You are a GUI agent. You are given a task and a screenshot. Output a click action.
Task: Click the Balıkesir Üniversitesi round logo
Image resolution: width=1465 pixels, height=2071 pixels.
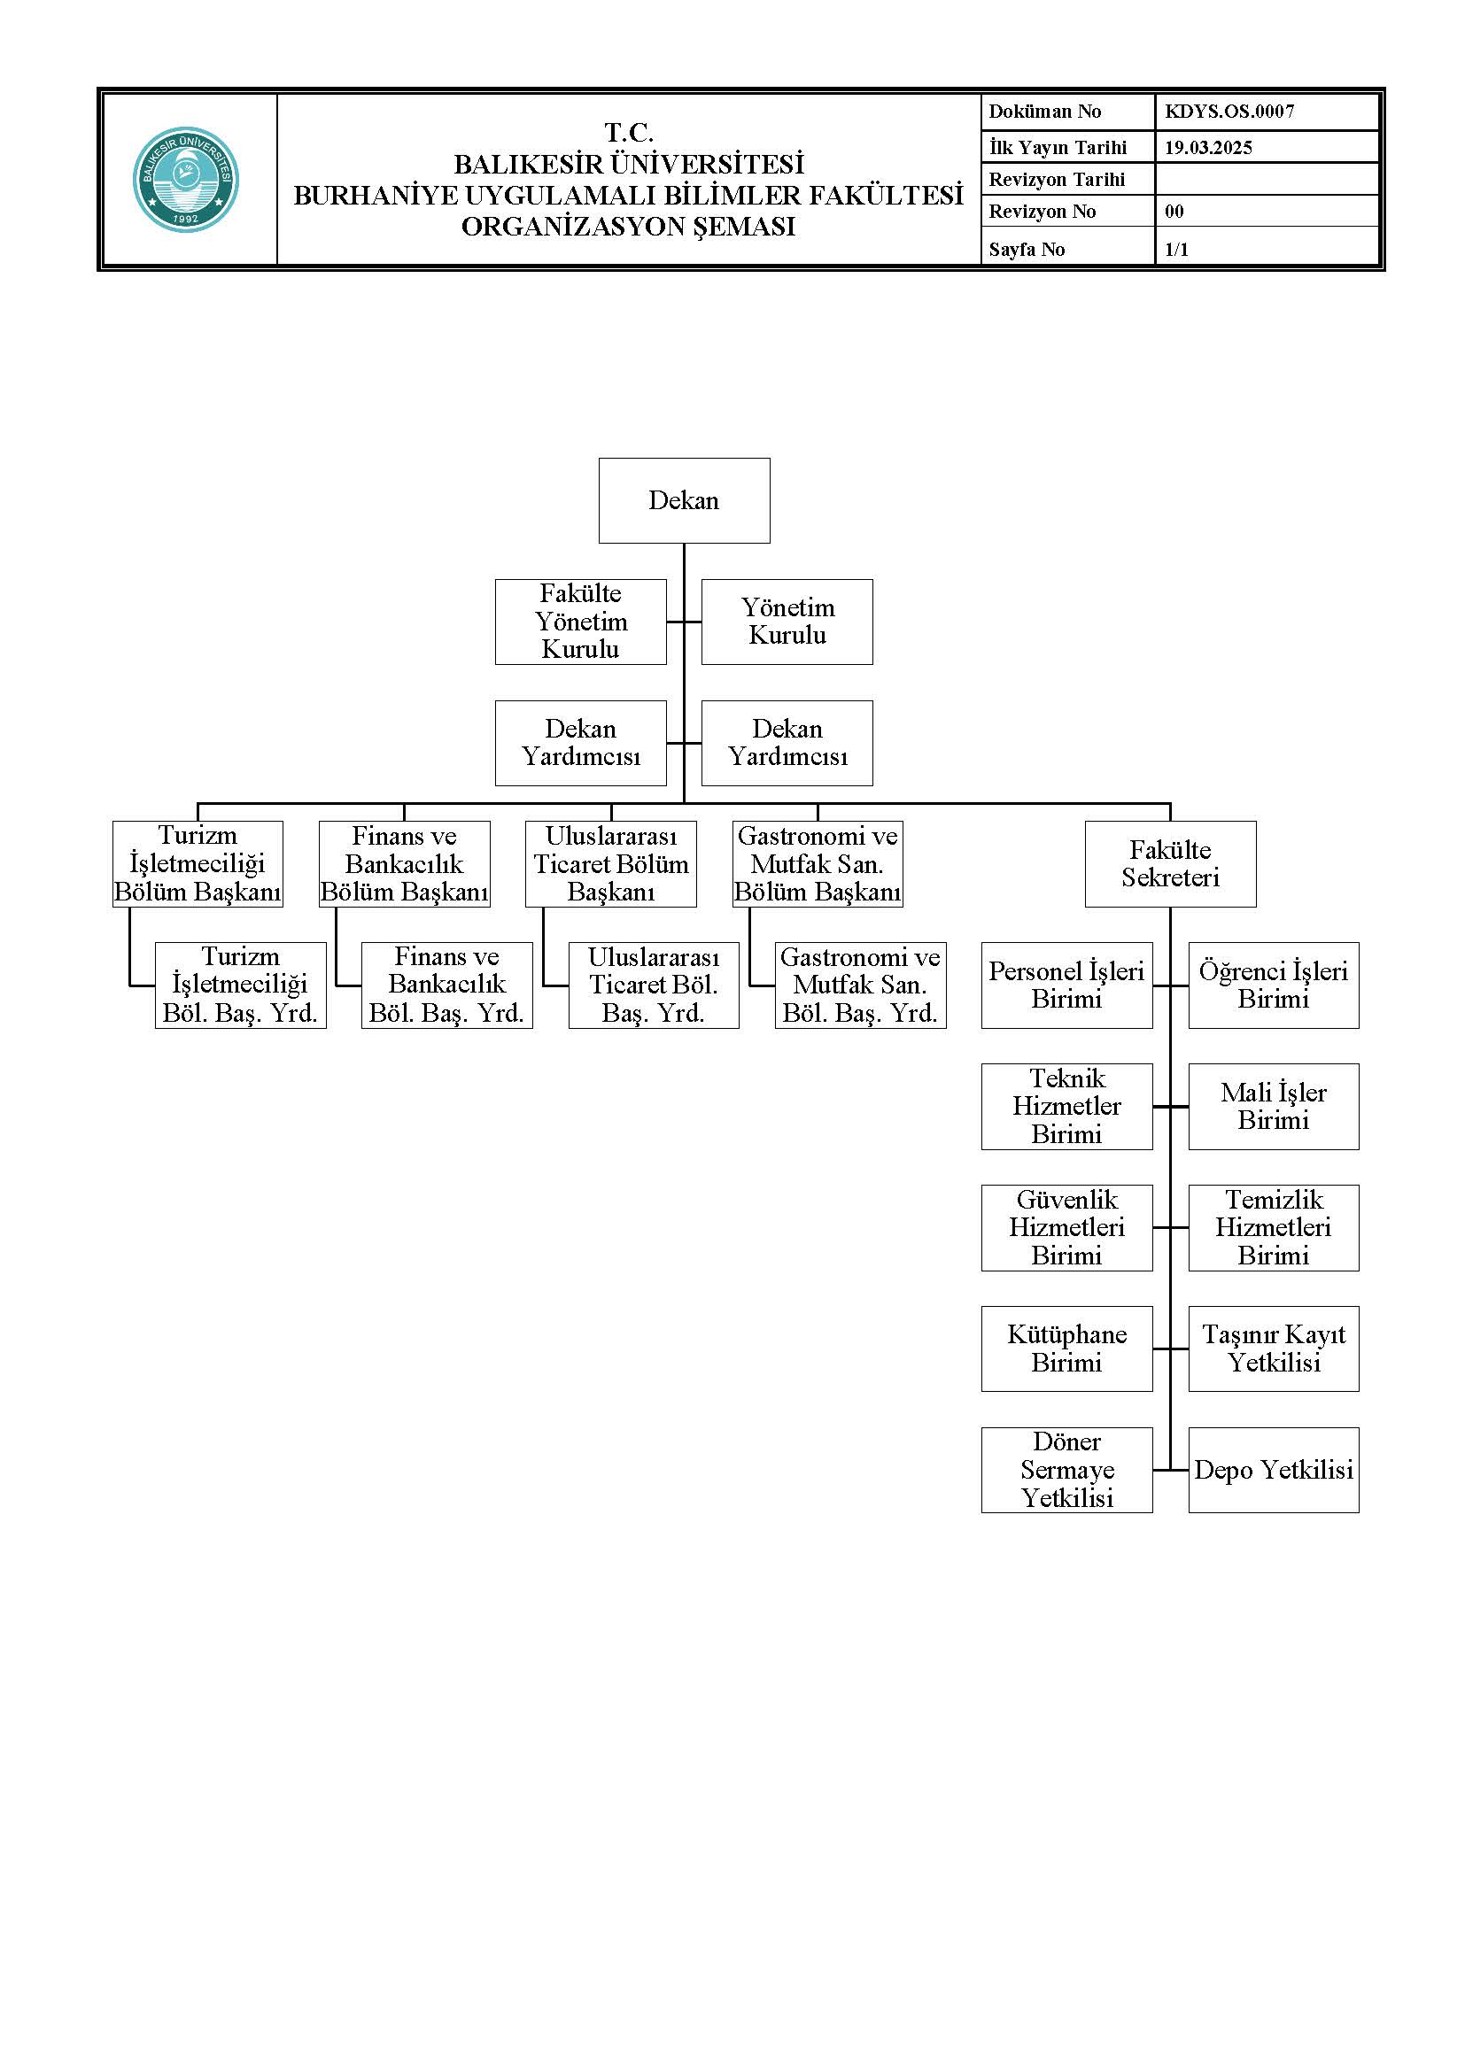point(186,180)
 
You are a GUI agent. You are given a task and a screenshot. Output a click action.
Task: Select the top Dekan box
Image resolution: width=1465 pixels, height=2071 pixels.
point(684,500)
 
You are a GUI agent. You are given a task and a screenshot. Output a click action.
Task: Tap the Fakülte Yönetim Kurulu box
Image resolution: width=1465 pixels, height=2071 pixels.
point(581,622)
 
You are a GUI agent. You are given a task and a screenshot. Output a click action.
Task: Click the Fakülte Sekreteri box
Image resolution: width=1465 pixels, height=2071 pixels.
point(1170,863)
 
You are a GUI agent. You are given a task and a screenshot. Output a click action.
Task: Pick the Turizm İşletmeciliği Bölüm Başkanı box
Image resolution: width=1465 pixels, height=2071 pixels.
point(198,863)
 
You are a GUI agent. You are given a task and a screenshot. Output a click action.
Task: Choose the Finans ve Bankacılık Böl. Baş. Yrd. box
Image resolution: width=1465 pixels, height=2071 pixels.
point(446,985)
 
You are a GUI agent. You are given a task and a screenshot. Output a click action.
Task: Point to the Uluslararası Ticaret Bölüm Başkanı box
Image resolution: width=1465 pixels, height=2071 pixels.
point(611,863)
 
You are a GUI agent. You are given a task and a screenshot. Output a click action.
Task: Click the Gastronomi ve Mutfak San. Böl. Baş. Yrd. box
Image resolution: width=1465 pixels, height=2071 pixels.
point(861,985)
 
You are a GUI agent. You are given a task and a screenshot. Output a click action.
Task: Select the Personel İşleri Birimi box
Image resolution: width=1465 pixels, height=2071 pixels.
point(1067,985)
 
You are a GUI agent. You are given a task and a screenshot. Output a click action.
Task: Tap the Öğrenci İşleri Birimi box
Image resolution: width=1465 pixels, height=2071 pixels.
point(1274,985)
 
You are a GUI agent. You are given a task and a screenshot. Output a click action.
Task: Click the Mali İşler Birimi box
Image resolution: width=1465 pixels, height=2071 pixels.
point(1274,1107)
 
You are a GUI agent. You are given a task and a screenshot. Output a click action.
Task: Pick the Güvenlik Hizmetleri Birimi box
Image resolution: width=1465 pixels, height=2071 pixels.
point(1067,1227)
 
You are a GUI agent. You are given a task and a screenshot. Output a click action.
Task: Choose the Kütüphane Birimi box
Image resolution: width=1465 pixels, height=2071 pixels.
point(1067,1348)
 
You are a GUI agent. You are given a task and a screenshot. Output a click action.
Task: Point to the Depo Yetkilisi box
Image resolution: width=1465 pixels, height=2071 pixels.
point(1274,1471)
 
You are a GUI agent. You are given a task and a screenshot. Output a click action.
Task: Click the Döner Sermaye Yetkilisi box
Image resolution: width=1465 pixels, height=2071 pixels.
point(1067,1471)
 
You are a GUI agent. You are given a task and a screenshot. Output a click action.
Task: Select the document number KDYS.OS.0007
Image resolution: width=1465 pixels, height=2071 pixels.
point(1229,112)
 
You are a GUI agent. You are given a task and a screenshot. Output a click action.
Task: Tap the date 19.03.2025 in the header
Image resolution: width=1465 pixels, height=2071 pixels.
point(1208,148)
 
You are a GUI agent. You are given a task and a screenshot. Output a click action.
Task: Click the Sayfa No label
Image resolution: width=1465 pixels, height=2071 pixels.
point(1027,250)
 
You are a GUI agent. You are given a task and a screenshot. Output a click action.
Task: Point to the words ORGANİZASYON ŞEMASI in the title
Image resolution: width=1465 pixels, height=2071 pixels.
point(629,227)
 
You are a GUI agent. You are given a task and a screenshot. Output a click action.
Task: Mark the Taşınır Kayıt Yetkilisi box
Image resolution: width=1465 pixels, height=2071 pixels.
point(1274,1348)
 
